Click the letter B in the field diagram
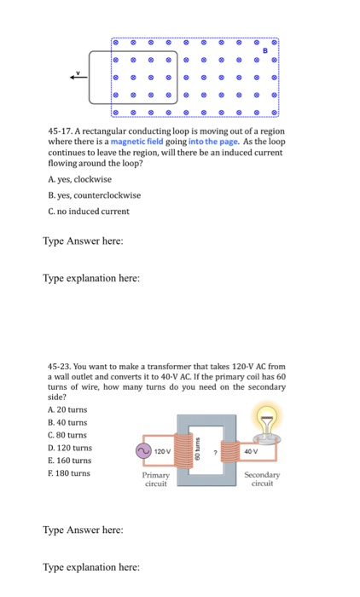pyautogui.click(x=265, y=50)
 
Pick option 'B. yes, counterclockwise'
pyautogui.click(x=95, y=194)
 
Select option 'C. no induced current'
pyautogui.click(x=89, y=211)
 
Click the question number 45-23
pyautogui.click(x=63, y=365)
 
